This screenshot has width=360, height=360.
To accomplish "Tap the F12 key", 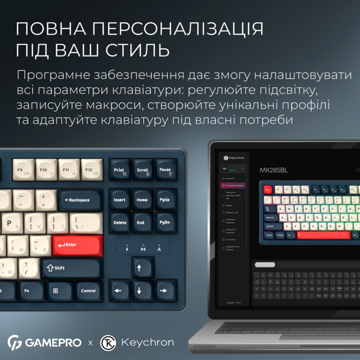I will pyautogui.click(x=92, y=169).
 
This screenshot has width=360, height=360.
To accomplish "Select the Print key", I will pyautogui.click(x=119, y=170).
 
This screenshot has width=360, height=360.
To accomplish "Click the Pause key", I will pyautogui.click(x=166, y=170).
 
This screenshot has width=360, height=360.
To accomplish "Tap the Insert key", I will pyautogui.click(x=119, y=200).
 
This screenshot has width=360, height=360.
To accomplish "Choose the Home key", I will pyautogui.click(x=142, y=200).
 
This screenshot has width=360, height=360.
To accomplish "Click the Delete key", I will pyautogui.click(x=119, y=223).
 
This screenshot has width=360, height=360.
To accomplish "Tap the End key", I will pyautogui.click(x=142, y=223).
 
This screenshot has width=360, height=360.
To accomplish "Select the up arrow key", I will pyautogui.click(x=143, y=267).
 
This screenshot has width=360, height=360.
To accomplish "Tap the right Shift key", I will pyautogui.click(x=71, y=268).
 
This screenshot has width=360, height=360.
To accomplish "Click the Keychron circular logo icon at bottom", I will pyautogui.click(x=107, y=342).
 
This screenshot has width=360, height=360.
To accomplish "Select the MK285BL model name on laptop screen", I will pyautogui.click(x=274, y=170).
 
